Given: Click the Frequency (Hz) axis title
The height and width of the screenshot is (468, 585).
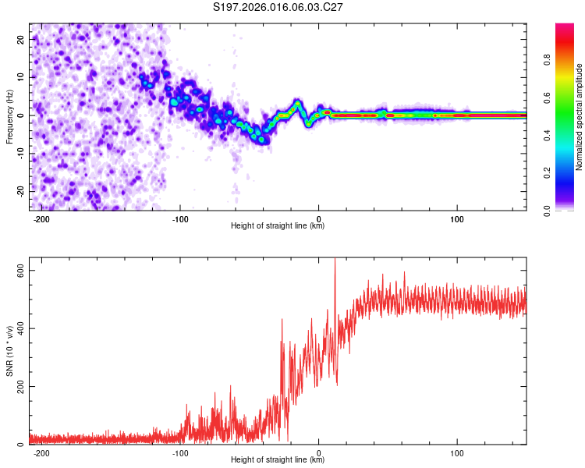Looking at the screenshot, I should (9, 115).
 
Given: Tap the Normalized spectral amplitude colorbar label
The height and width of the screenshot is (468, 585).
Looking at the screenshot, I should (579, 117).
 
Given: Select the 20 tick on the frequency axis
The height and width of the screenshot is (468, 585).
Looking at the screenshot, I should (21, 39).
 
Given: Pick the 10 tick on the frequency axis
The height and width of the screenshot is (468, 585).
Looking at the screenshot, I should (21, 77).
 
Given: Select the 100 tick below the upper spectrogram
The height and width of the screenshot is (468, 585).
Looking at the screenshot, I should (457, 219).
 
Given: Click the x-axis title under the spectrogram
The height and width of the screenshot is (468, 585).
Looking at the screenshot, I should (278, 226).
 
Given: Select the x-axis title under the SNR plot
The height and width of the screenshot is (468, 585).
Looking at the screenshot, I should (278, 460).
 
